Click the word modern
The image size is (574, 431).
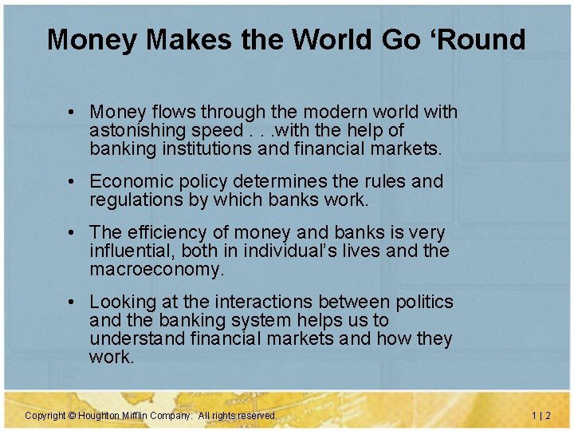312,113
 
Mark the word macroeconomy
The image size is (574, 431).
157,270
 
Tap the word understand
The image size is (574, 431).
138,339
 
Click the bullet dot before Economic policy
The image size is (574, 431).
72,182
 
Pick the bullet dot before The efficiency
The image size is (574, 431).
72,233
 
